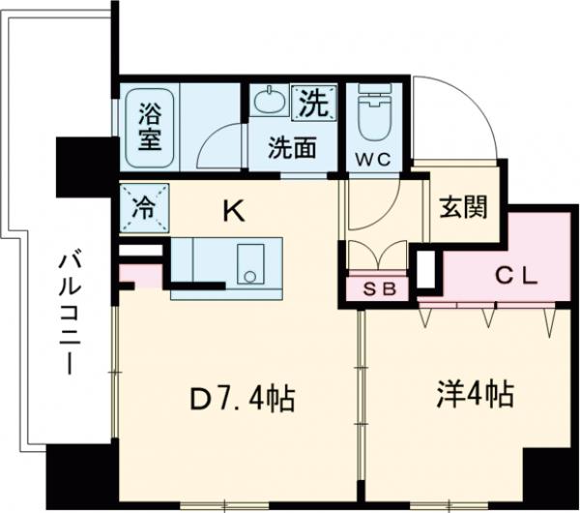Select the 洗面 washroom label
[293, 148]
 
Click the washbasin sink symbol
[267, 100]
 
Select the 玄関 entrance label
[462, 206]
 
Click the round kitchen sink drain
[251, 276]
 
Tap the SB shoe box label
[377, 287]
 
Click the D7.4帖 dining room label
[241, 397]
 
